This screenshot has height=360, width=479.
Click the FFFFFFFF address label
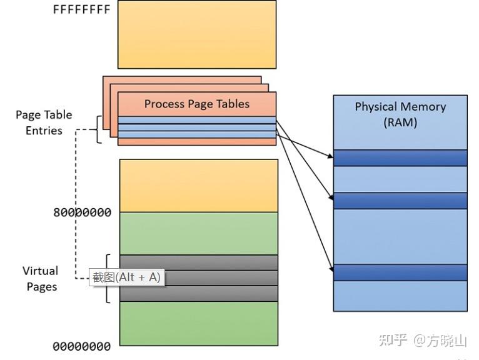(x=82, y=10)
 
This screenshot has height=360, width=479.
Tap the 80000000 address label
(x=82, y=212)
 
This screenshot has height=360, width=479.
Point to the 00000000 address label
(x=82, y=346)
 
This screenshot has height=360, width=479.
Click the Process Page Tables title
(x=196, y=104)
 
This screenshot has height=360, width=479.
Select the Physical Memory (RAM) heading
(x=400, y=114)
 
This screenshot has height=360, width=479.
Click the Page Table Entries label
(x=44, y=122)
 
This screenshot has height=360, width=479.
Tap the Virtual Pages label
(x=41, y=279)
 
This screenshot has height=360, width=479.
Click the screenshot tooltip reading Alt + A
(x=126, y=277)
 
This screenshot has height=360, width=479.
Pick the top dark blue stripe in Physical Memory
(x=400, y=157)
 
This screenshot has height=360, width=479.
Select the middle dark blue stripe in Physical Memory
(x=400, y=201)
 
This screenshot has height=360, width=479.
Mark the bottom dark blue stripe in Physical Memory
(x=400, y=272)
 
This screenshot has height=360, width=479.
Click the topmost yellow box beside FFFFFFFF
(x=196, y=34)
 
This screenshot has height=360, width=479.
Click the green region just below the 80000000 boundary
(x=198, y=232)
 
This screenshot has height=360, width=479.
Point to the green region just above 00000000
(x=198, y=323)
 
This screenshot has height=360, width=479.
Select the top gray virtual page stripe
(x=198, y=262)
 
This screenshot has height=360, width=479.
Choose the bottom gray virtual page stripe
(x=198, y=293)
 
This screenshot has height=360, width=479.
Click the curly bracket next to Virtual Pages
(x=108, y=279)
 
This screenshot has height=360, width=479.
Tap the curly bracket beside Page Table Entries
(x=98, y=129)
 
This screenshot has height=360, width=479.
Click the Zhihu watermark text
(x=423, y=341)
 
